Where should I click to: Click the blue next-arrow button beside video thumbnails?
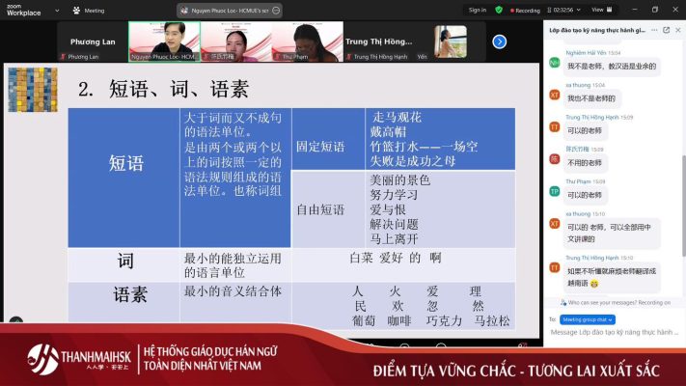click(x=499, y=41)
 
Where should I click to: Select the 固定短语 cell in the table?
click(x=319, y=147)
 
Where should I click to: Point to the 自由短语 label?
click(x=319, y=208)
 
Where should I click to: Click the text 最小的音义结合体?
click(x=233, y=290)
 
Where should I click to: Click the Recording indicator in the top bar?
click(x=524, y=10)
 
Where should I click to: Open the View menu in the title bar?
click(x=598, y=10)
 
